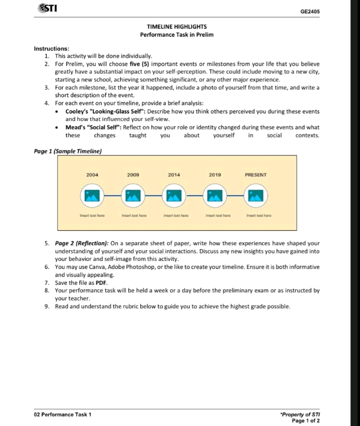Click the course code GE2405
tap(310, 11)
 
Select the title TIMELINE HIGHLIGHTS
tap(176, 27)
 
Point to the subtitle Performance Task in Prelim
tap(176, 35)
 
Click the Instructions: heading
tap(52, 49)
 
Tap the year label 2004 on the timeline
tap(92, 175)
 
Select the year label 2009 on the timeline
tap(133, 175)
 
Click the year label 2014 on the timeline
tap(174, 175)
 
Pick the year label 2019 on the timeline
tap(215, 175)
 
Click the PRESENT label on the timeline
tap(255, 175)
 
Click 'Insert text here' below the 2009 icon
tap(133, 214)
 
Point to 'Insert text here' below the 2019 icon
tap(215, 214)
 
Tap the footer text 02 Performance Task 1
tap(63, 414)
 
